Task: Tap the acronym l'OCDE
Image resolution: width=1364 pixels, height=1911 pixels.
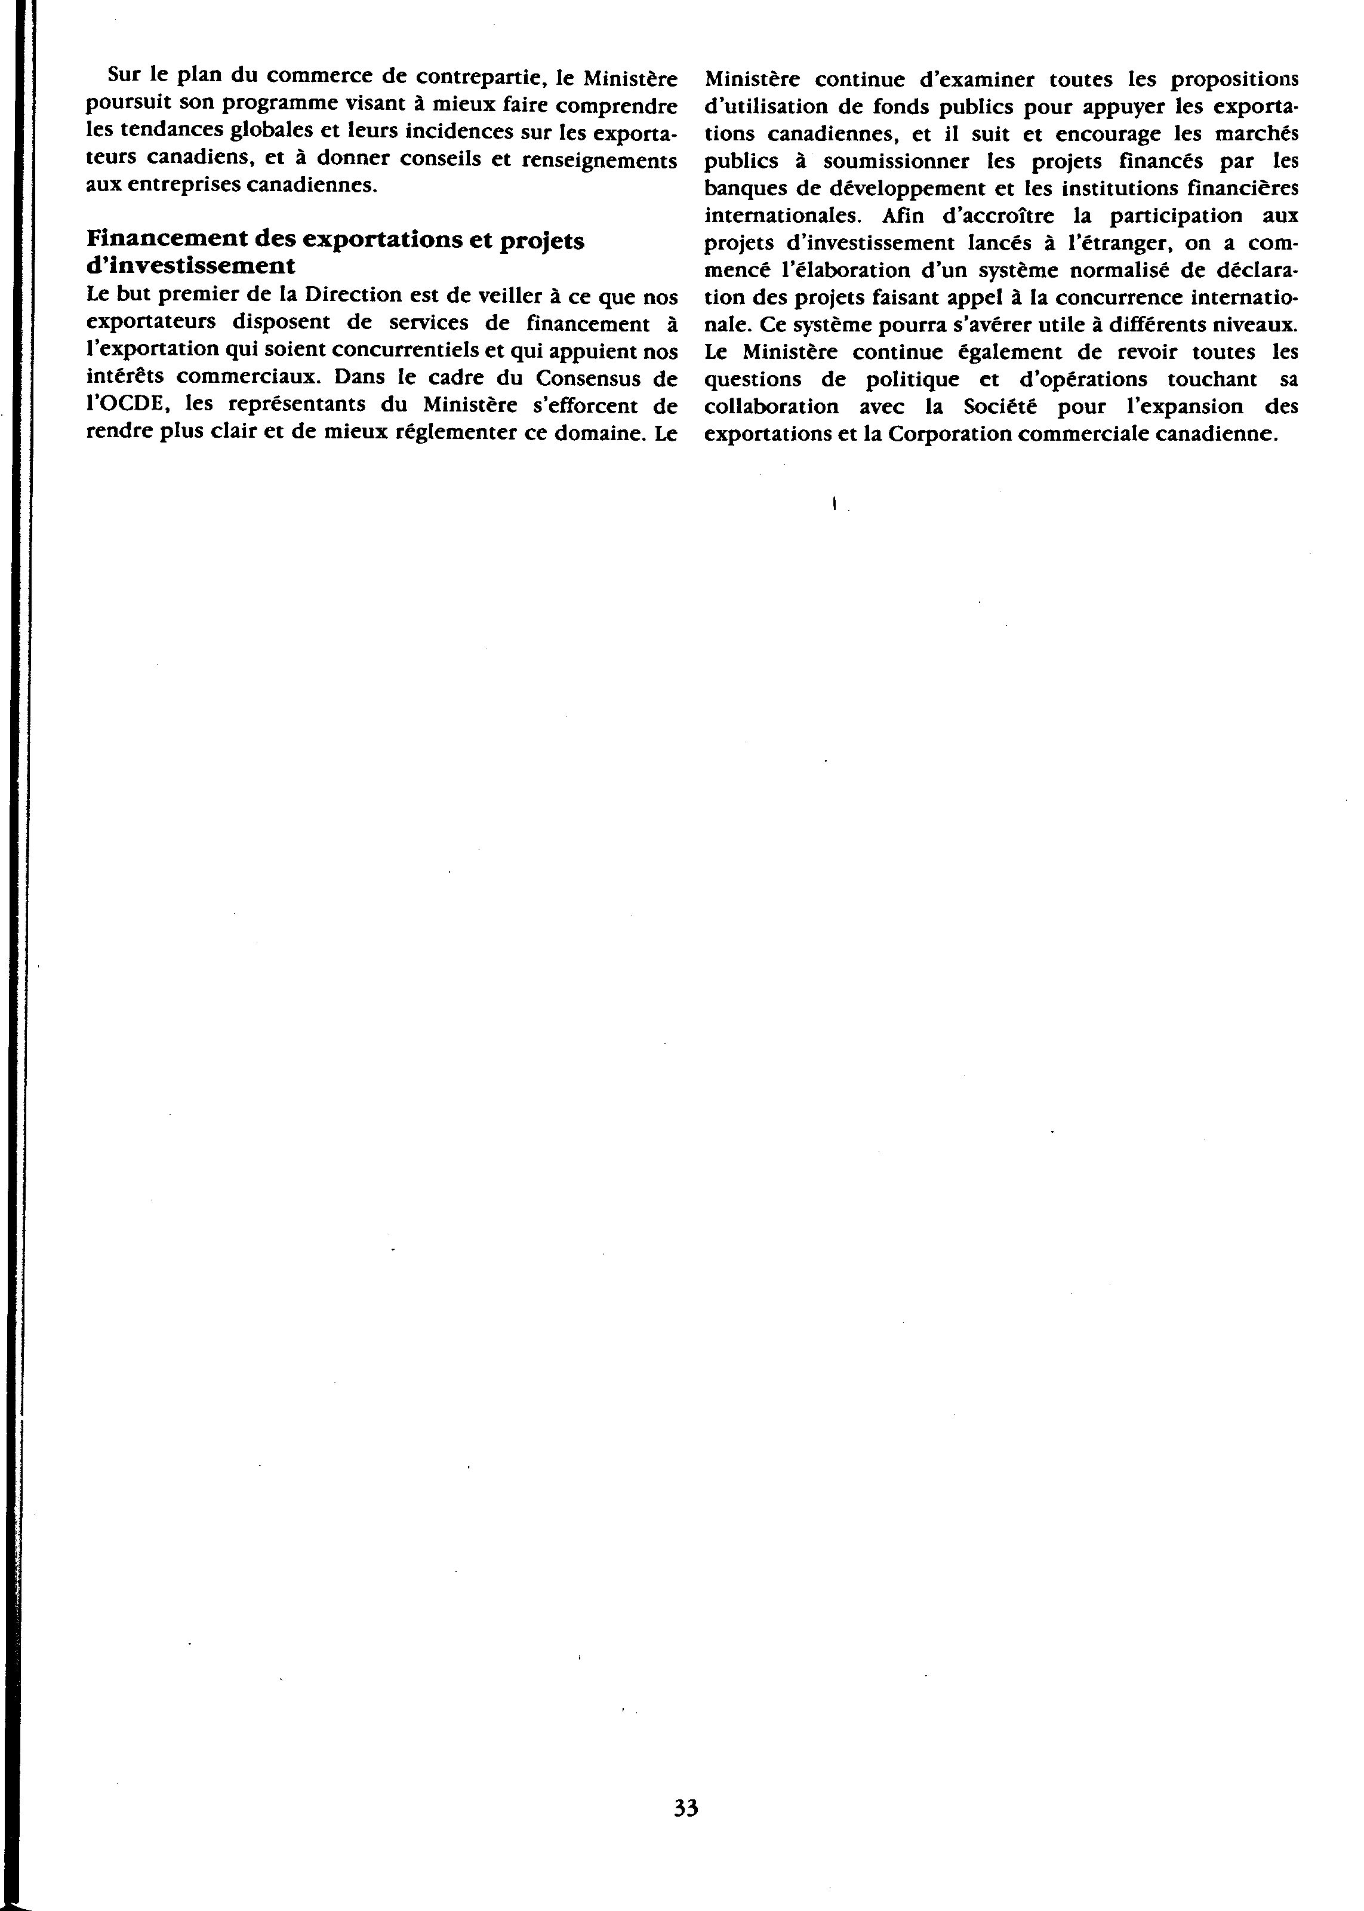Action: (128, 404)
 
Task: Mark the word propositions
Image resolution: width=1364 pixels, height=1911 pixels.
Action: (1234, 80)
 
